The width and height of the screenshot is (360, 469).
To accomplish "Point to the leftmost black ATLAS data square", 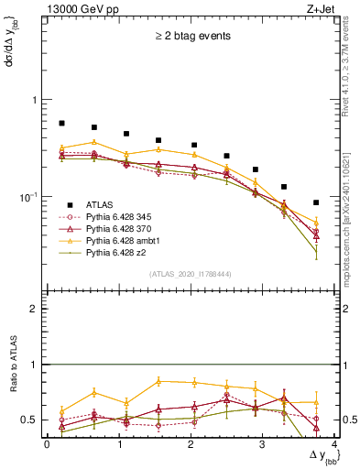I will point(61,123).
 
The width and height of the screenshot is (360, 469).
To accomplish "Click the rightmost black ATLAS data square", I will point(316,202).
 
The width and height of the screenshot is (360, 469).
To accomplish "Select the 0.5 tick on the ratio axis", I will point(34,420).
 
